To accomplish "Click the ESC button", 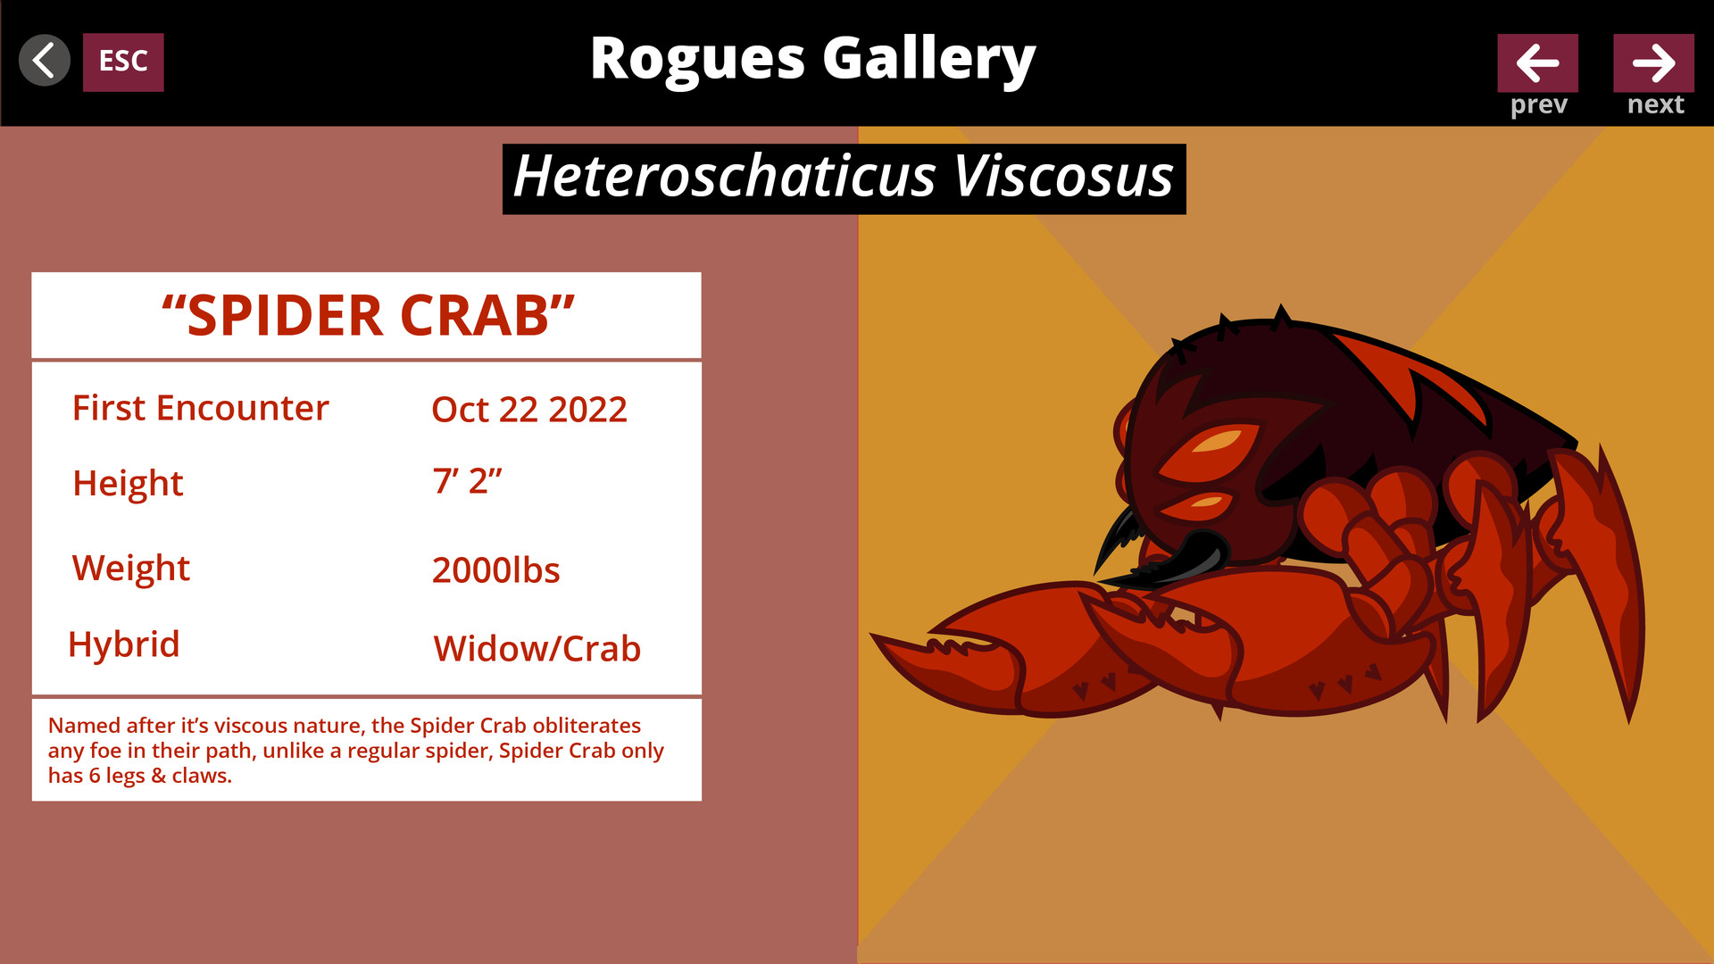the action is point(123,62).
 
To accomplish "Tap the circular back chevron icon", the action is point(45,61).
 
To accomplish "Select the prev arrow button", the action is point(1537,62).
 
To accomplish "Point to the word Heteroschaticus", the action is point(724,176).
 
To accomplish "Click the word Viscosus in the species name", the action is point(1063,176).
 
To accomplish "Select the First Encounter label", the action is point(201,408).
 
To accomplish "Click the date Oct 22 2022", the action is point(529,410).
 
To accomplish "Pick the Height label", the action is point(128,484).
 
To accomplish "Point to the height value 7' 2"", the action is point(468,480).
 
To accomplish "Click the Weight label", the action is point(131,569).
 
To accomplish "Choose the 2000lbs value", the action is point(496,570).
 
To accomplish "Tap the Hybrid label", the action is point(124,644).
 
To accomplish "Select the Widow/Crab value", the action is point(537,649).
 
